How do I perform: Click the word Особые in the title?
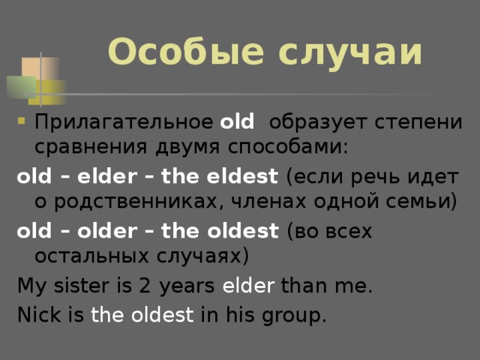point(185,51)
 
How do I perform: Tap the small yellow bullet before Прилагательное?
point(21,121)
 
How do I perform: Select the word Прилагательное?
point(124,122)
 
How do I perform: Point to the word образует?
point(318,122)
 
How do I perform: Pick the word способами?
point(288,146)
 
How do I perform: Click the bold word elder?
point(107,176)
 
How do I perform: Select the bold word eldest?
point(242,176)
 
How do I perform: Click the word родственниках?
point(139,202)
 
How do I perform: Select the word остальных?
point(91,256)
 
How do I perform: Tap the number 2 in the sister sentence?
point(145,286)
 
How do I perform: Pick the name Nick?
point(39,314)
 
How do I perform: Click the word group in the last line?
point(294,316)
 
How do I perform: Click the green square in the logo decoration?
point(22,87)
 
